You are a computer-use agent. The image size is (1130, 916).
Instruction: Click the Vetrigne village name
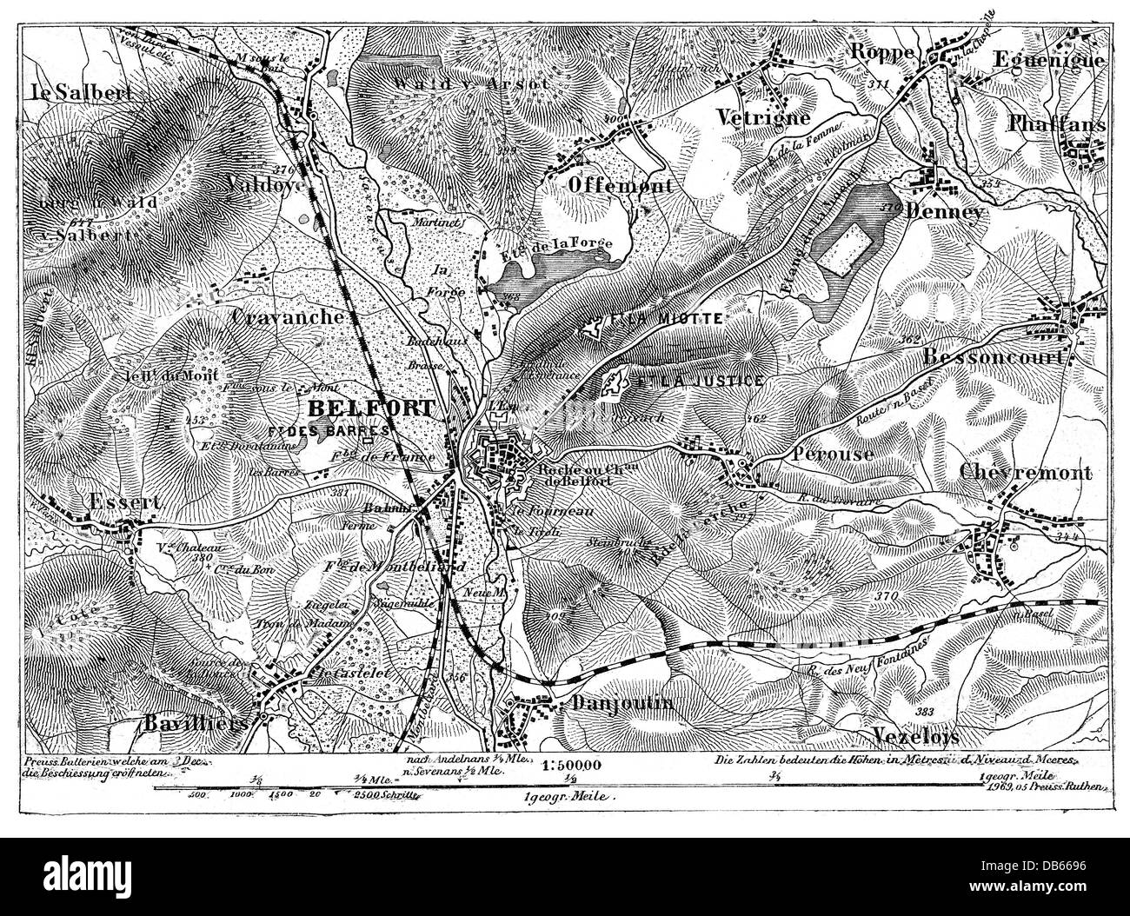point(764,116)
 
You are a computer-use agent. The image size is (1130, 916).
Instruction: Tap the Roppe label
point(882,51)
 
